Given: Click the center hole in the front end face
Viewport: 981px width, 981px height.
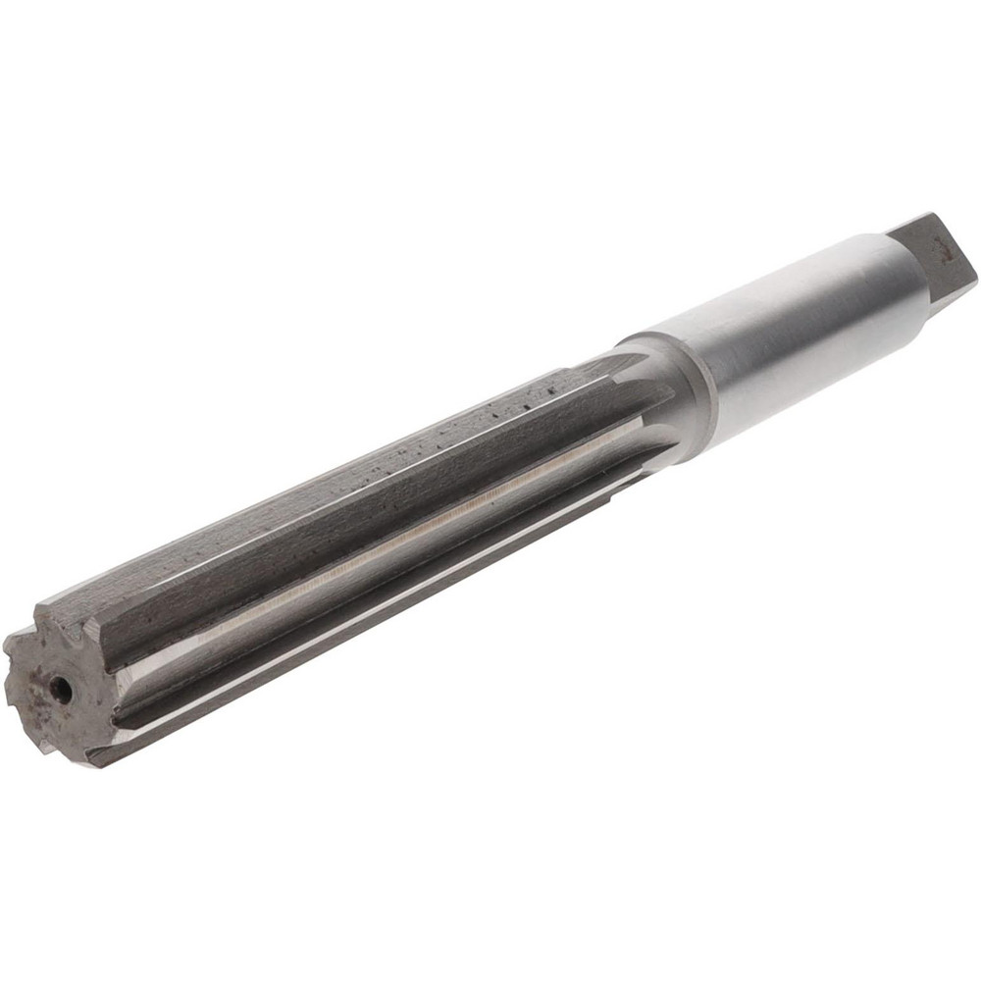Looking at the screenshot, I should (x=61, y=690).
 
